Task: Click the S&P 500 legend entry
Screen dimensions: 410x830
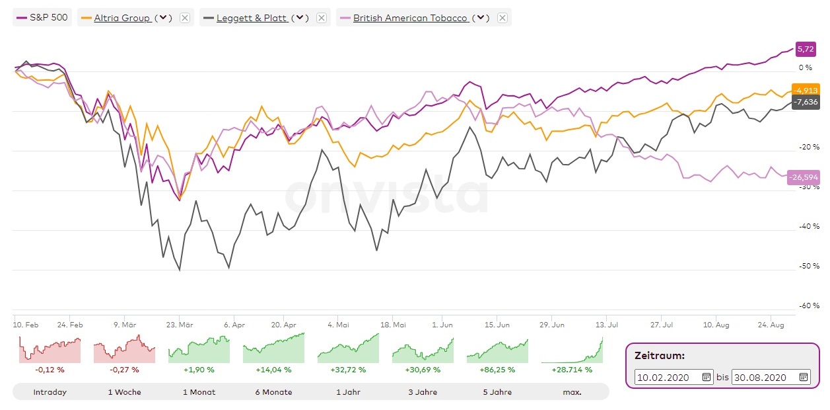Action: point(42,18)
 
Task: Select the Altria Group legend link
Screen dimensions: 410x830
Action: point(122,18)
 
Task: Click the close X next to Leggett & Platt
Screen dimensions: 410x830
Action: point(321,18)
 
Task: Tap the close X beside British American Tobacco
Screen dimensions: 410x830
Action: point(502,18)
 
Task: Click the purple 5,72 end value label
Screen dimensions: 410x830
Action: point(806,49)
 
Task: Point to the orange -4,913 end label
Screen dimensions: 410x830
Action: point(806,91)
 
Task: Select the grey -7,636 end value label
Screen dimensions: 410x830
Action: point(806,102)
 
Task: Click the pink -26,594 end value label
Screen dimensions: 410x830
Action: point(804,177)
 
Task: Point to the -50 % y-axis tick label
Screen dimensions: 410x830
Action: point(810,266)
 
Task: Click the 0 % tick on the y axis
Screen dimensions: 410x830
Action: point(806,67)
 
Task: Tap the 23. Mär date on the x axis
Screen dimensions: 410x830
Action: point(180,325)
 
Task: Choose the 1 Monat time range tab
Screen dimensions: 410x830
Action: point(199,392)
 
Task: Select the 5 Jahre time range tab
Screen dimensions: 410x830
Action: point(497,392)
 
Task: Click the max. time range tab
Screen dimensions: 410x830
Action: point(572,392)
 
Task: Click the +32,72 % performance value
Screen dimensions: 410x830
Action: point(348,370)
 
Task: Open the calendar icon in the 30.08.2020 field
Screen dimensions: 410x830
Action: point(804,377)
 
